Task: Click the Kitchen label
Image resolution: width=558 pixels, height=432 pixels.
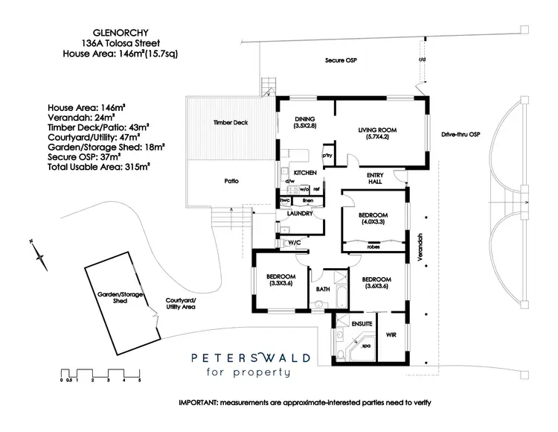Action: click(x=305, y=173)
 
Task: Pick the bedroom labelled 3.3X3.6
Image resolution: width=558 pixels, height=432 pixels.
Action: click(x=281, y=281)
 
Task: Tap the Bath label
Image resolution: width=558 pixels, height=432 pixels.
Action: click(x=323, y=289)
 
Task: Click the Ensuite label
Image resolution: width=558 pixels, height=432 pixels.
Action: click(x=362, y=323)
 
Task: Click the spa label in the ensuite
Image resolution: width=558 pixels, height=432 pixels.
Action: click(x=366, y=346)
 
